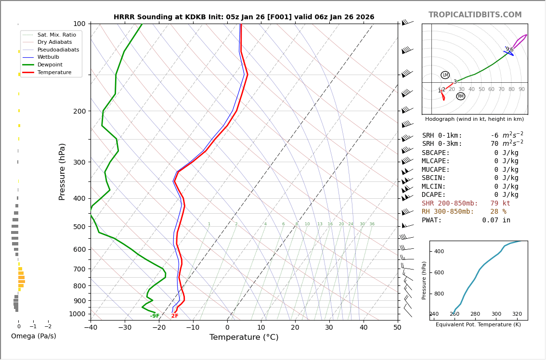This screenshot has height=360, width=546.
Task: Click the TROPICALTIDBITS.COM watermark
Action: click(x=475, y=15)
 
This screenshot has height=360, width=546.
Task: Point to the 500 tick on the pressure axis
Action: click(x=79, y=227)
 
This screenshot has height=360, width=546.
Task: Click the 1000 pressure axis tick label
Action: click(x=78, y=314)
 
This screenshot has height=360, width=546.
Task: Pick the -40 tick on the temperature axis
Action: click(x=91, y=328)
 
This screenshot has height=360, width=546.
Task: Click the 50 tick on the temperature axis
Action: click(x=397, y=328)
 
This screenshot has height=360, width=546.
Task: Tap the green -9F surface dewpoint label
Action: click(x=155, y=316)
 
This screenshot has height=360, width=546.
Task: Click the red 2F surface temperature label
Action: click(x=175, y=316)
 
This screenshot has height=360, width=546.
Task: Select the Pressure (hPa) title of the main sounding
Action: click(x=62, y=171)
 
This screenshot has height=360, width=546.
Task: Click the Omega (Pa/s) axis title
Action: click(x=34, y=336)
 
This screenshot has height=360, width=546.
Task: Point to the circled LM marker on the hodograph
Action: click(x=445, y=75)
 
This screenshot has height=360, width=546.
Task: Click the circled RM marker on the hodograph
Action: click(x=461, y=96)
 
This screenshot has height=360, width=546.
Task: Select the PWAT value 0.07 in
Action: click(x=496, y=220)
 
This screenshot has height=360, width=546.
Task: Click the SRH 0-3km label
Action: click(x=442, y=144)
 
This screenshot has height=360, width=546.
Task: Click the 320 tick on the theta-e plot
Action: click(x=517, y=314)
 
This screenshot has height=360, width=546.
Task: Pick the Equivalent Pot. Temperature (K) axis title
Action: click(x=478, y=325)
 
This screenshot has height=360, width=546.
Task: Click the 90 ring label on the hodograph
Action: click(x=521, y=90)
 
